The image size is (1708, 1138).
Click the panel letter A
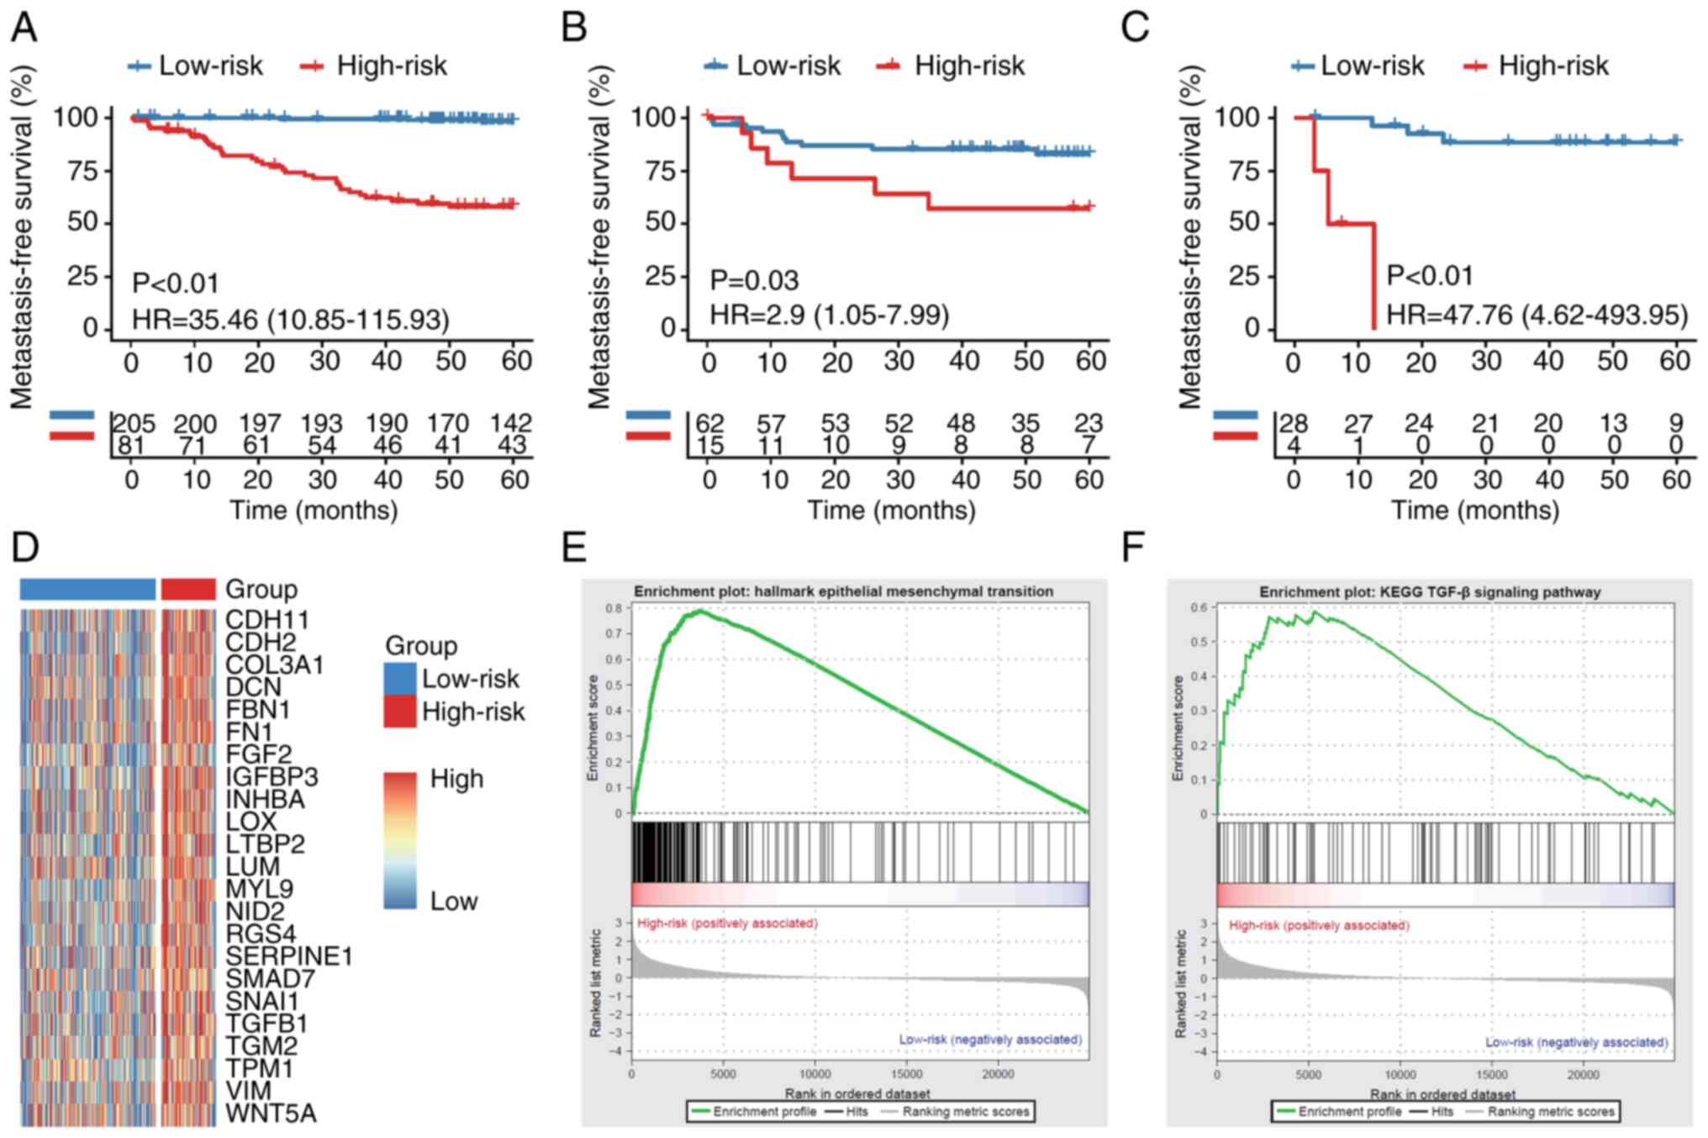coord(24,27)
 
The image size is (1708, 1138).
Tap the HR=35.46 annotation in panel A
coord(291,320)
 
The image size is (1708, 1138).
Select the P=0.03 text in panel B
coord(754,280)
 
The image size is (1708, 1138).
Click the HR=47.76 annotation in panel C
coord(1537,315)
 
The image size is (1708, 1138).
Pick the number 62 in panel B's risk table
coord(710,423)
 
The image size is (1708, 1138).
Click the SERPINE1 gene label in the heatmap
coord(289,956)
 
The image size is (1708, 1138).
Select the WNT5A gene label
coord(271,1114)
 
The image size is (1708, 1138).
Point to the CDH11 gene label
coord(267,620)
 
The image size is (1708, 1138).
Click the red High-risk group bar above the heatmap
coord(187,590)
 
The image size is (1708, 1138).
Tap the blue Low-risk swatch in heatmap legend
coord(400,679)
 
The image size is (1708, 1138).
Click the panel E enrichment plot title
coord(843,591)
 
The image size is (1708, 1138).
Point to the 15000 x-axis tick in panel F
coord(1492,1075)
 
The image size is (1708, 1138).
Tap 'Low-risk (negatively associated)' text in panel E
coord(990,1040)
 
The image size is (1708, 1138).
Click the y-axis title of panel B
coord(599,238)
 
